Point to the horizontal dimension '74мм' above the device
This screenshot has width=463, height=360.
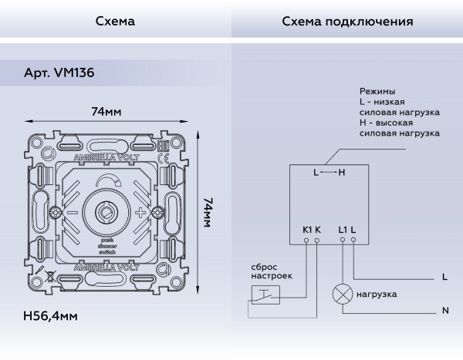(x=106, y=112)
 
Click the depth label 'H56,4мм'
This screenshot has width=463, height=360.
(x=50, y=316)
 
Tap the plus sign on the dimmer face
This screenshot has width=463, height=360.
(x=140, y=213)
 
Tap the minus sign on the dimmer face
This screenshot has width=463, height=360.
(x=72, y=213)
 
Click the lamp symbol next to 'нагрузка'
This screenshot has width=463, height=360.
(x=341, y=294)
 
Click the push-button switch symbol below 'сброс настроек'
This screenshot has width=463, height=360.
(x=264, y=294)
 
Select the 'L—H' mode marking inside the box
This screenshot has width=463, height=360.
(x=330, y=173)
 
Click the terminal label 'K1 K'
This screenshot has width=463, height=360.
(x=311, y=229)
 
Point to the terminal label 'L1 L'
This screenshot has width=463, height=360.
(x=347, y=229)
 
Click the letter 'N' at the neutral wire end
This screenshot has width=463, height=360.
(x=445, y=311)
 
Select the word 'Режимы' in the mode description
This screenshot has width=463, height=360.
(x=379, y=90)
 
